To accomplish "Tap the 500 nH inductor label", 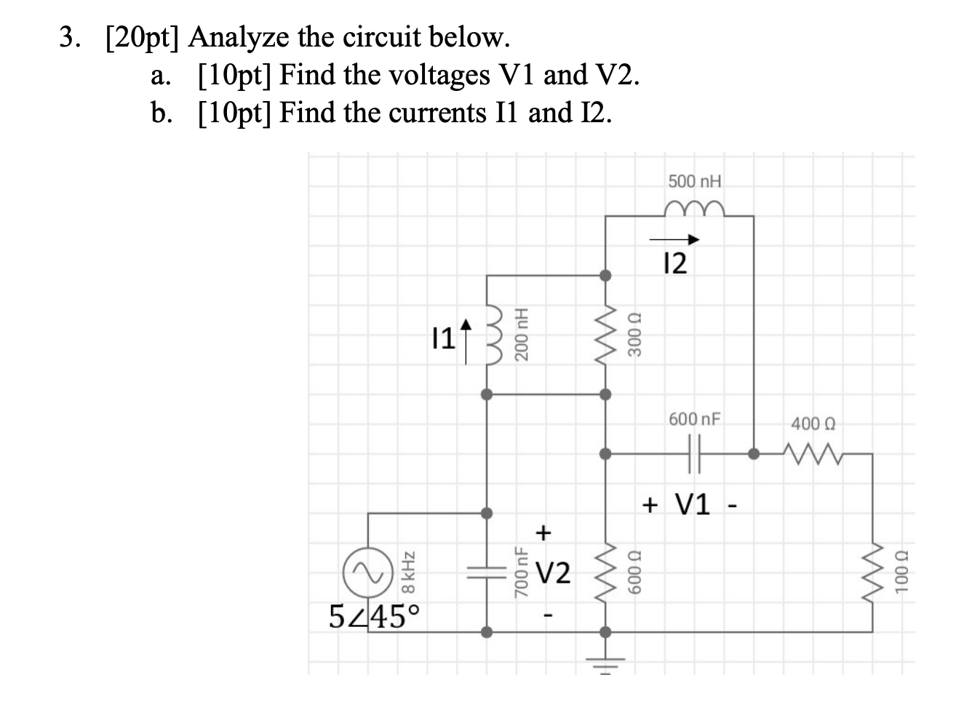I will (695, 181).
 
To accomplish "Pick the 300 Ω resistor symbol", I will (605, 335).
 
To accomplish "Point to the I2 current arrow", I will (674, 239).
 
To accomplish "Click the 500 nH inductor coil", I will (694, 208).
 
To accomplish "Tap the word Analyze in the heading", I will (240, 36).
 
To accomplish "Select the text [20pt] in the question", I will (142, 36).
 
